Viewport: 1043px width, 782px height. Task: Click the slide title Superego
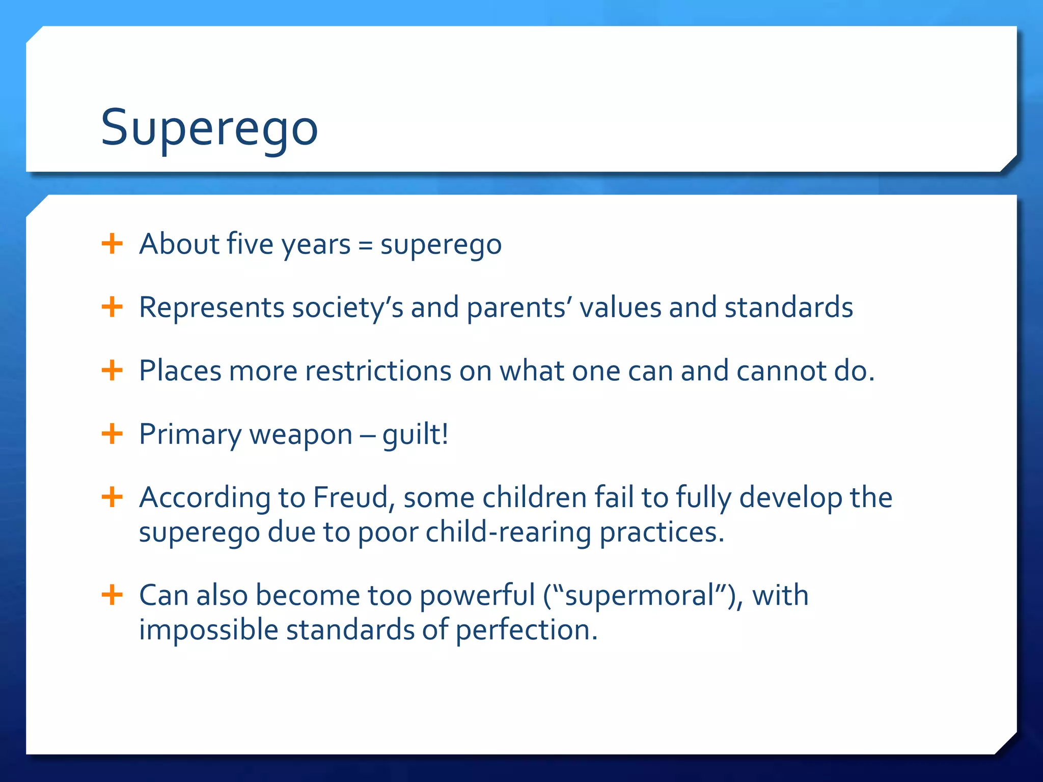coord(209,128)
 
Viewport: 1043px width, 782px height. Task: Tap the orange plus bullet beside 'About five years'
coord(112,244)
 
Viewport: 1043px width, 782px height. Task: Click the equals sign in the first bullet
coord(365,245)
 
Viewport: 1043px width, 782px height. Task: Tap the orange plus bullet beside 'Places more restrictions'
coord(112,371)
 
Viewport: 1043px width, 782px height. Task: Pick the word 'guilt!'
coord(416,435)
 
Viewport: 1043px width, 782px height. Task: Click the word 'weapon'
coord(300,435)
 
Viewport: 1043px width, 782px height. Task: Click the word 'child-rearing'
coord(508,533)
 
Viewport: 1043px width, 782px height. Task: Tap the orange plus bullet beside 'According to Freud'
coord(112,497)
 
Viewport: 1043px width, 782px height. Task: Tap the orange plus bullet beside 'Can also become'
coord(112,595)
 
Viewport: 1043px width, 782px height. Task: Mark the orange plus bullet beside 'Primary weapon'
coord(112,434)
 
